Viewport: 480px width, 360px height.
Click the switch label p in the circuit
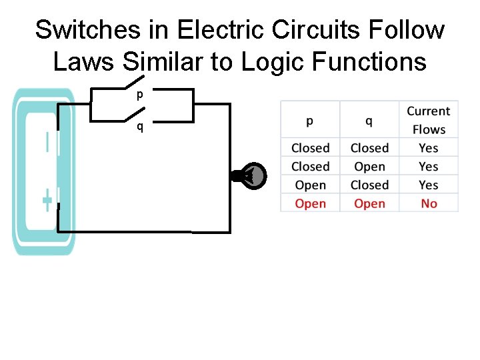tap(139, 95)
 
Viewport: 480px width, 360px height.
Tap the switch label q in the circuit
tap(139, 127)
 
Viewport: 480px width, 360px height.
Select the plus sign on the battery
tap(47, 200)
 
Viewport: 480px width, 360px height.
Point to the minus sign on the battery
tap(47, 143)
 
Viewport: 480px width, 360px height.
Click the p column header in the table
tap(310, 121)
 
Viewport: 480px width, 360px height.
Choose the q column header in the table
tap(369, 121)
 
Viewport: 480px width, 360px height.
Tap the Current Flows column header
tap(428, 120)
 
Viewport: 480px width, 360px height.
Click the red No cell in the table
tap(429, 203)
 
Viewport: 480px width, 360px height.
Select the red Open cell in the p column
tap(310, 203)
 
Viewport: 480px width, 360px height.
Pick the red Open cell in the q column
tap(369, 203)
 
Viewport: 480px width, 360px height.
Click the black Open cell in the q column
tap(369, 167)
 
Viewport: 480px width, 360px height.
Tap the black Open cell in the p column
tap(310, 185)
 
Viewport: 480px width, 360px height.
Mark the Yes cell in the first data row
tap(429, 148)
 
